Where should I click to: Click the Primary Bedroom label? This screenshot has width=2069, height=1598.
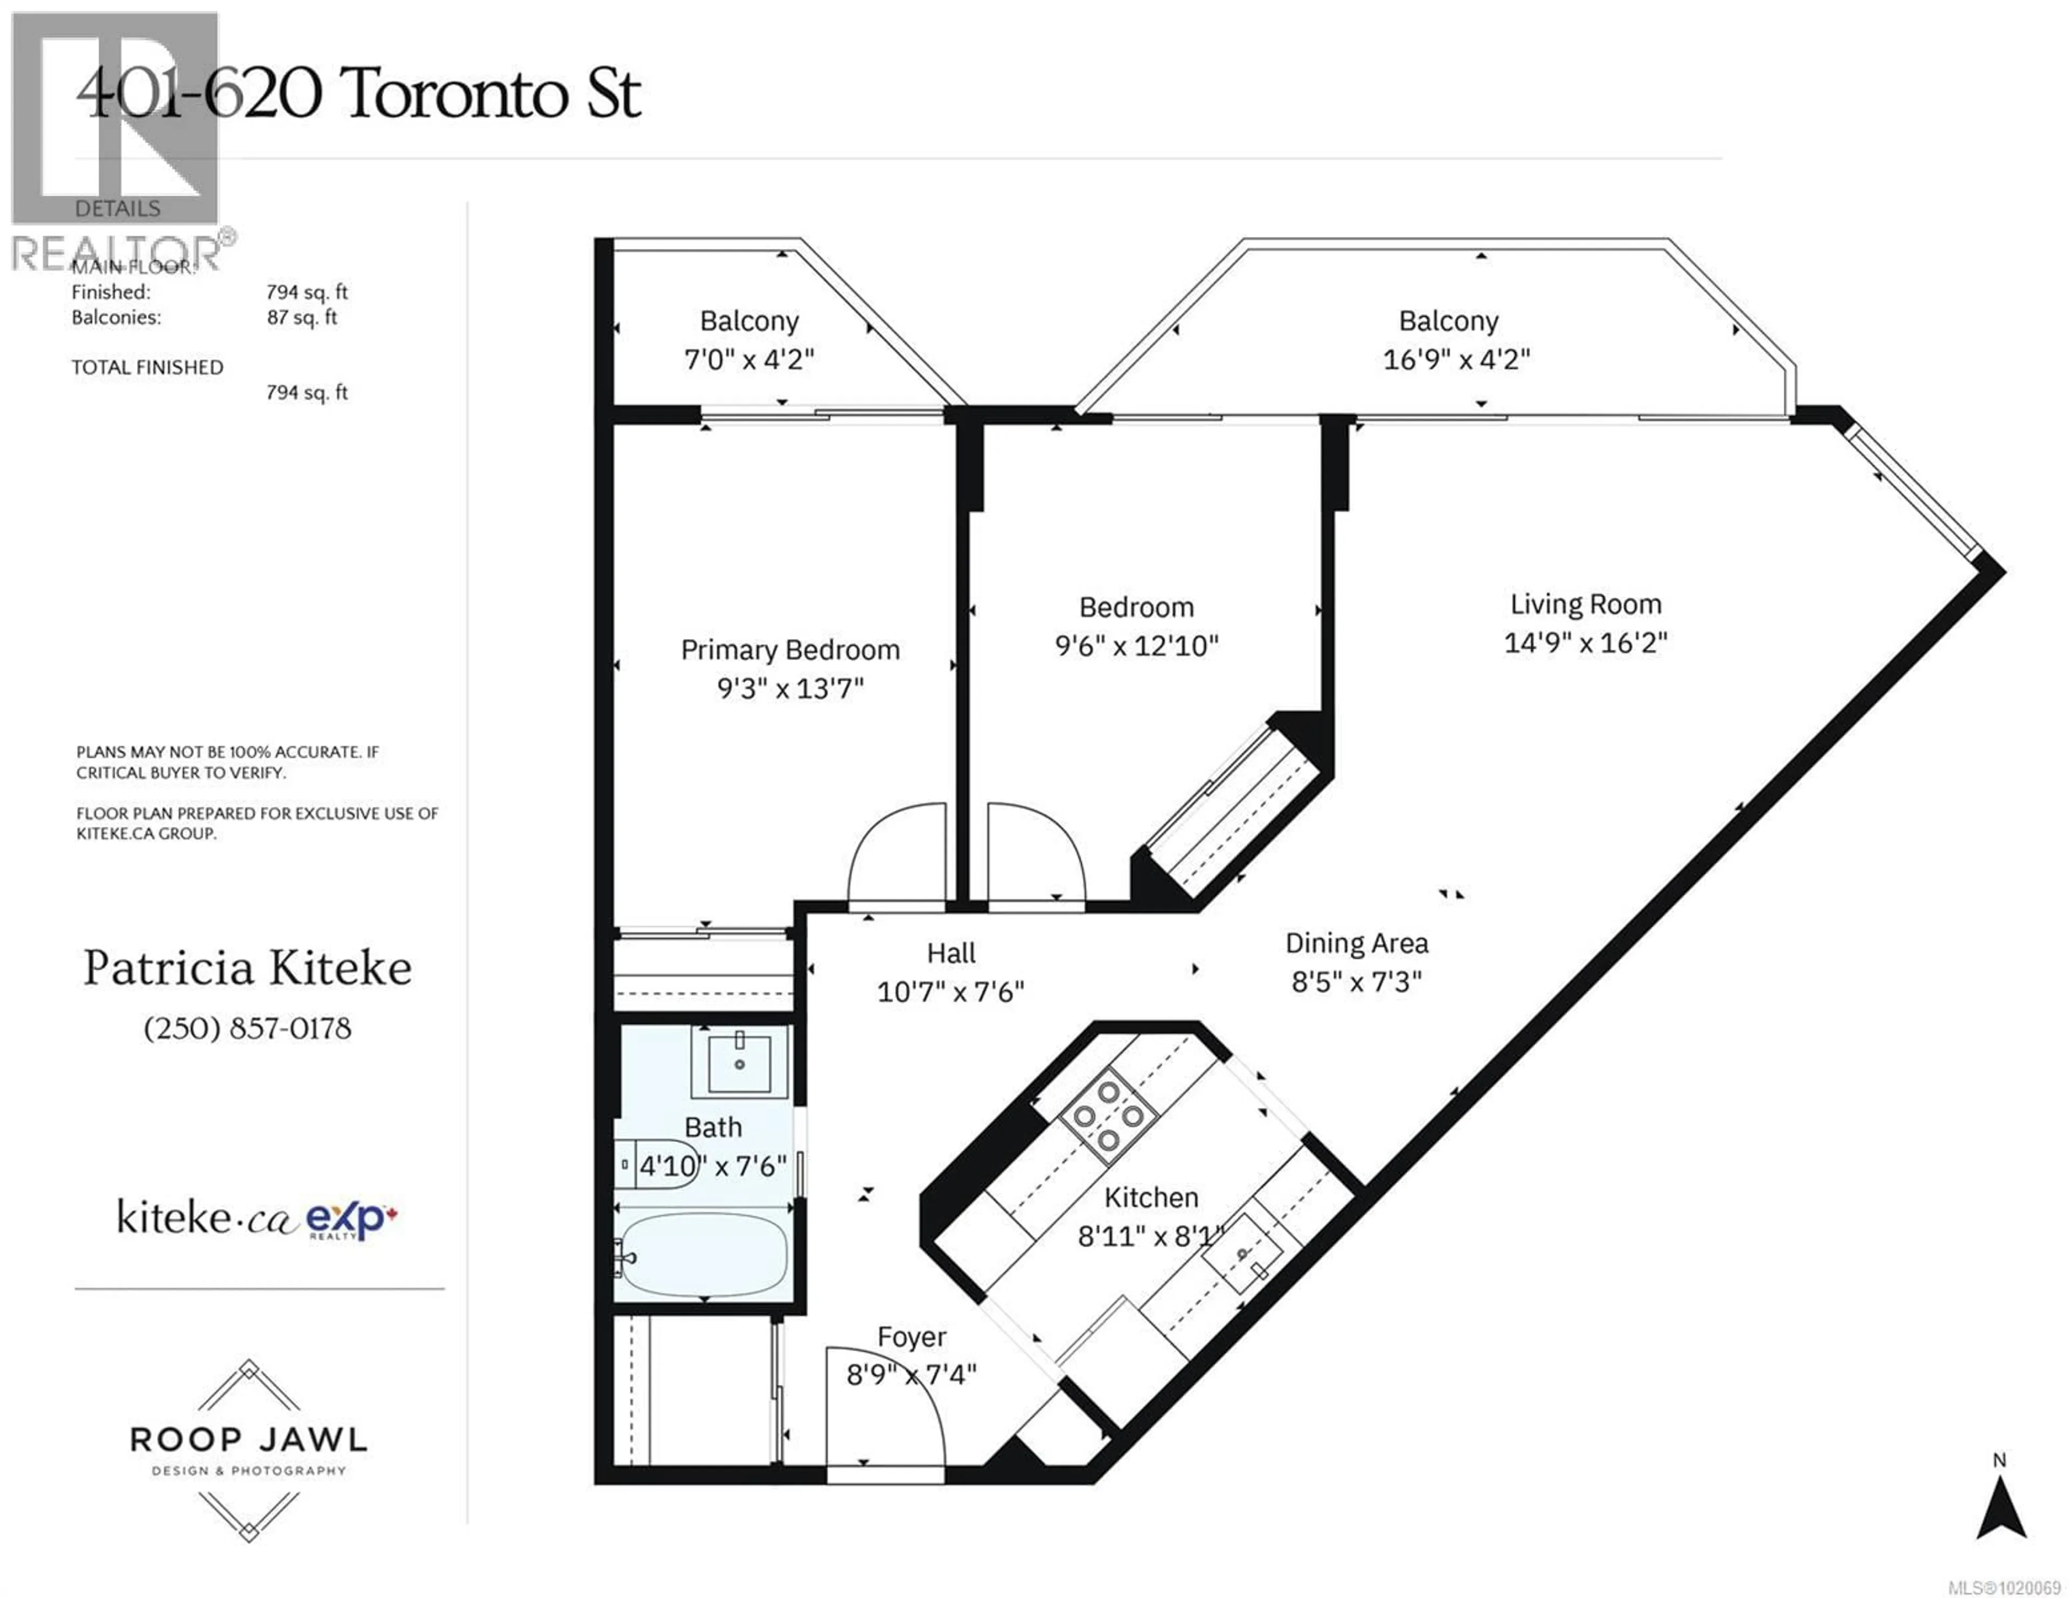790,650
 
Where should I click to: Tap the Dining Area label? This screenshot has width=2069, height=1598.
1356,944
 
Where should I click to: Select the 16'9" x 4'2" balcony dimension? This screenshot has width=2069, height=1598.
1456,360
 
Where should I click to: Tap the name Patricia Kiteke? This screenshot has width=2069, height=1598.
247,968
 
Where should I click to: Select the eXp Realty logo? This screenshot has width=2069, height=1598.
351,1219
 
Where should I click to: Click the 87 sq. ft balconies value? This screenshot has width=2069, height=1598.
301,317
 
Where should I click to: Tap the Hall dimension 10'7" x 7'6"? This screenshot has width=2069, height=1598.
950,992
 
